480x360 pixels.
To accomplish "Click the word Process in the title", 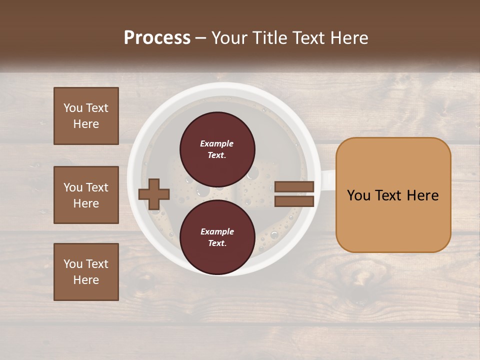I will tap(157, 38).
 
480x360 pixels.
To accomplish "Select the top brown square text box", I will tap(86, 116).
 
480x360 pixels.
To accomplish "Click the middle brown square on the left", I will tap(86, 195).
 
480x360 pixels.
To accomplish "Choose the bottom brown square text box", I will tap(86, 272).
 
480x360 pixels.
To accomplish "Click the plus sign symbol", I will tap(153, 193).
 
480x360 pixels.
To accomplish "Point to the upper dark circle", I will tap(217, 149).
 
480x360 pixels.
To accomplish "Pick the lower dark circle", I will tap(217, 237).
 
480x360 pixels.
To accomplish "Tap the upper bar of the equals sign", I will tap(294, 186).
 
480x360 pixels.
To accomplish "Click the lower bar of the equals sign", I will tap(294, 201).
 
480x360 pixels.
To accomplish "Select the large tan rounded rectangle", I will tap(393, 195).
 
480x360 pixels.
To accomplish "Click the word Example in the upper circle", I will tap(217, 143).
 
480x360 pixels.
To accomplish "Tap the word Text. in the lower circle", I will tap(217, 243).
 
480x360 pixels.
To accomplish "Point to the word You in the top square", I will tap(73, 108).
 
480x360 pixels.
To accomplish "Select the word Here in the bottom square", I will tap(86, 280).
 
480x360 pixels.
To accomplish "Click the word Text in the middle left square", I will tap(97, 187).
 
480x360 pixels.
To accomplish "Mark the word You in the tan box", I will tap(358, 195).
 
